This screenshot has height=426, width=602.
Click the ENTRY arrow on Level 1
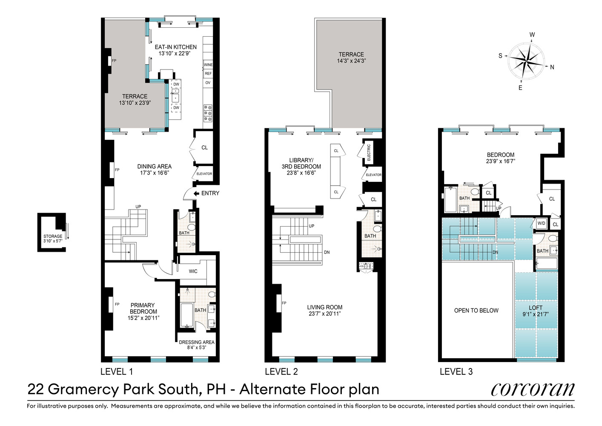point(196,193)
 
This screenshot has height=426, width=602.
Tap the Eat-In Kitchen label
point(175,47)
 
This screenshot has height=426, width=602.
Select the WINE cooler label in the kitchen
point(208,65)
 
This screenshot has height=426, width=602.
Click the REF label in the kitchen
point(208,74)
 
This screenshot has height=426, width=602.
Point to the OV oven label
point(208,83)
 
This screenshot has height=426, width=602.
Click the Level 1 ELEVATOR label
point(204,174)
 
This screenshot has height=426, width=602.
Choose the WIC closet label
point(193,271)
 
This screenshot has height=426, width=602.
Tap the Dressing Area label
point(197,342)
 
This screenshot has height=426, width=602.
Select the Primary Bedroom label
point(143,308)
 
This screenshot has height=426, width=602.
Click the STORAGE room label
point(53,236)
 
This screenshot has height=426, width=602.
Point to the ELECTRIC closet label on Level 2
point(369,153)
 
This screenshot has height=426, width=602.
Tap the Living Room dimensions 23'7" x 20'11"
point(324,314)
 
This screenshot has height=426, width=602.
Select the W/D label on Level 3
point(541,223)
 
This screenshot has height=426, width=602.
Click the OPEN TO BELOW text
point(476,311)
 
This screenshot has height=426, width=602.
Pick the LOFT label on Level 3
point(536,308)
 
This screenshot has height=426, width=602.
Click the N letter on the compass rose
point(552,67)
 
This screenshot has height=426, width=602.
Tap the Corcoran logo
point(532,389)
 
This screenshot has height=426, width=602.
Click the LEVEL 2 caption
point(281,371)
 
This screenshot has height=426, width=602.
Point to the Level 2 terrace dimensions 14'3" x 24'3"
point(351,61)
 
